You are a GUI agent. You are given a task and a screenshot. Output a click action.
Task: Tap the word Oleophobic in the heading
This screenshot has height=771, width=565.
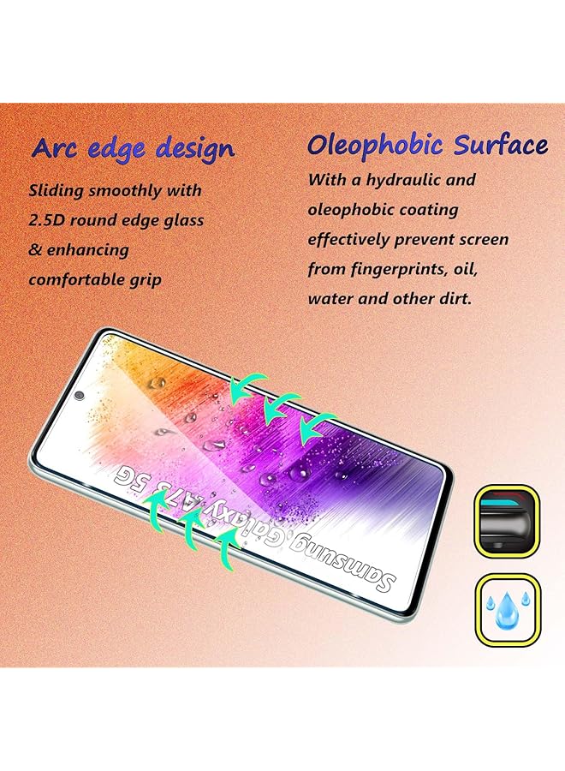pyautogui.click(x=375, y=146)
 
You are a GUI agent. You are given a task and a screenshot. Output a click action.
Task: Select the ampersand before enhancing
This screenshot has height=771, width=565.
pyautogui.click(x=35, y=250)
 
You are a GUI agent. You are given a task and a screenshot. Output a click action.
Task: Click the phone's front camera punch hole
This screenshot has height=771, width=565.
pyautogui.click(x=79, y=395)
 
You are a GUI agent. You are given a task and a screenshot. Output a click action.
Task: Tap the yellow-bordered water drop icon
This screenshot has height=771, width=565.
pyautogui.click(x=508, y=610)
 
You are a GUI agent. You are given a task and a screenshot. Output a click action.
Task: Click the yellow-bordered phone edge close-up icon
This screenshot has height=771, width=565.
pyautogui.click(x=507, y=521)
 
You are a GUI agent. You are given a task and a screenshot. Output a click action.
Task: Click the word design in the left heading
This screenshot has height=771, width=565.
pyautogui.click(x=195, y=149)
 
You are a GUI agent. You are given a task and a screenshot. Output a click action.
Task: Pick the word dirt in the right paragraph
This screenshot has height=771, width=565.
pyautogui.click(x=455, y=298)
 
